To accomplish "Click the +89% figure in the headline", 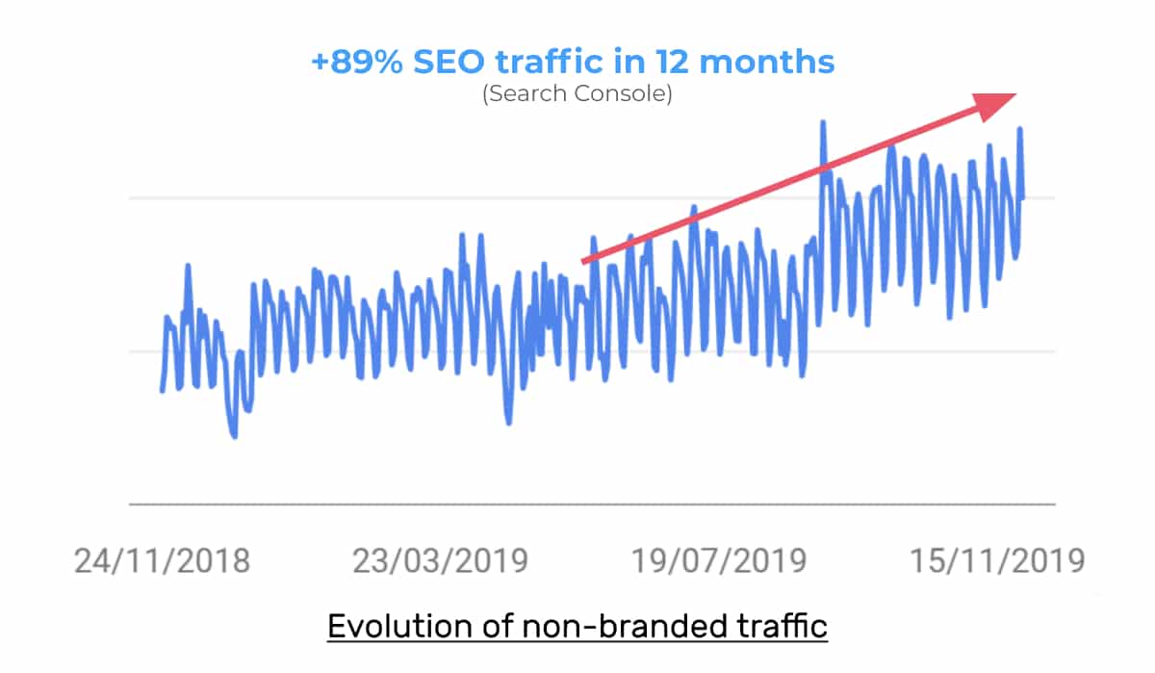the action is point(357,62).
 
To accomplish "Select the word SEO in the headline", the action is point(449,62).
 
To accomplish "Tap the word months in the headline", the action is point(767,62).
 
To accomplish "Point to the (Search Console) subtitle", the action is point(577,93).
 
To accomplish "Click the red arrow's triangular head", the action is point(992,105).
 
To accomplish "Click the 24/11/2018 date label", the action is point(162,560).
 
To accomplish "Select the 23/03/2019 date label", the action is point(440,560).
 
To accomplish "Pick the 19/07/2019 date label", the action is point(719,560).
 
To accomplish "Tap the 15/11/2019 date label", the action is point(997,560).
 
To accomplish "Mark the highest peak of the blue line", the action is point(823,122).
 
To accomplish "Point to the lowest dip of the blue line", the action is point(235,436).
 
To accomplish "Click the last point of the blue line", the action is point(1022,197).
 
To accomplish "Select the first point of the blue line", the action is point(163,390).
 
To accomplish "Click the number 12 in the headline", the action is point(673,62).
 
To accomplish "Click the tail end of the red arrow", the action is point(582,262).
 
